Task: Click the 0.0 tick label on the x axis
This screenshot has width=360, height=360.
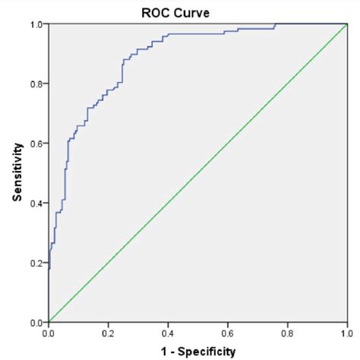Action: pos(49,333)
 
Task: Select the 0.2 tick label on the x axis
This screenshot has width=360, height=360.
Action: pos(108,333)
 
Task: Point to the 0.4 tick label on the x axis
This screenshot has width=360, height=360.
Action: pos(168,333)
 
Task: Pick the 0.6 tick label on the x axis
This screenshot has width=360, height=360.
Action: pos(227,333)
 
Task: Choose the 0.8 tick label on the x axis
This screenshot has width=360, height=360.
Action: pos(287,333)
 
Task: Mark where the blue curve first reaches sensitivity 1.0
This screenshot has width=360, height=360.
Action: pos(275,24)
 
